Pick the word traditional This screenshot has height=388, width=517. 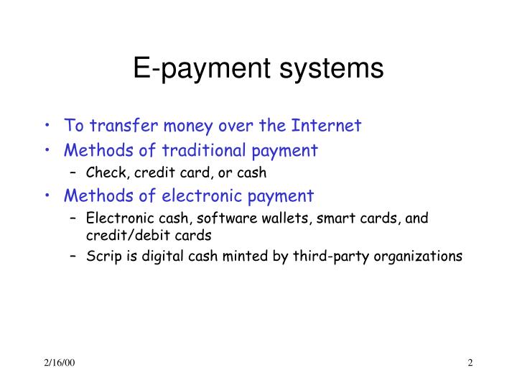tap(210, 150)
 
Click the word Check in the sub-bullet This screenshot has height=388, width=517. tap(103, 172)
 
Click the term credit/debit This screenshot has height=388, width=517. tap(120, 234)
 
